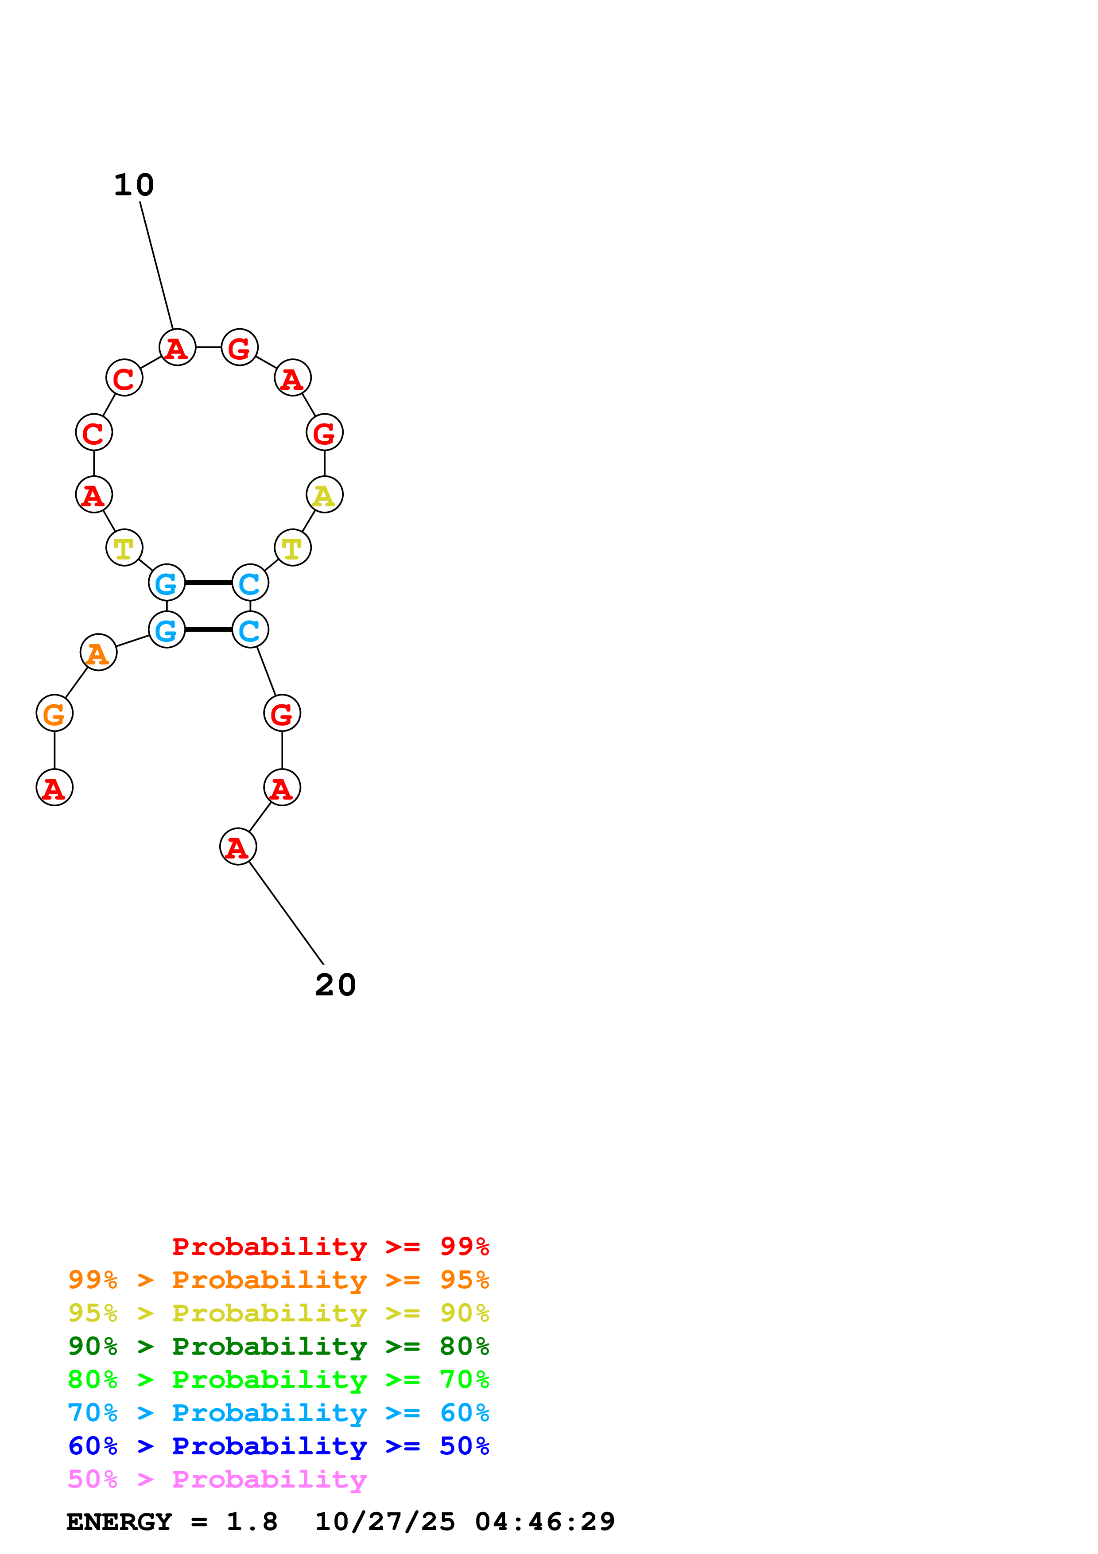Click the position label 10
[134, 185]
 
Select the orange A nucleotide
[99, 653]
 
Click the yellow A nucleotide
[325, 495]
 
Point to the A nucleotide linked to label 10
[177, 348]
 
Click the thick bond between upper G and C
[208, 582]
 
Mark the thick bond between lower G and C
[208, 629]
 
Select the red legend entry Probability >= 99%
[330, 1246]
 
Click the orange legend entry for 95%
[278, 1280]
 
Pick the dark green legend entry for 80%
[278, 1346]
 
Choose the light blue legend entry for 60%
[278, 1413]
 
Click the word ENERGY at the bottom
[119, 1522]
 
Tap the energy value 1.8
[252, 1522]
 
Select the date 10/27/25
[385, 1522]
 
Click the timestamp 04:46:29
[545, 1522]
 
